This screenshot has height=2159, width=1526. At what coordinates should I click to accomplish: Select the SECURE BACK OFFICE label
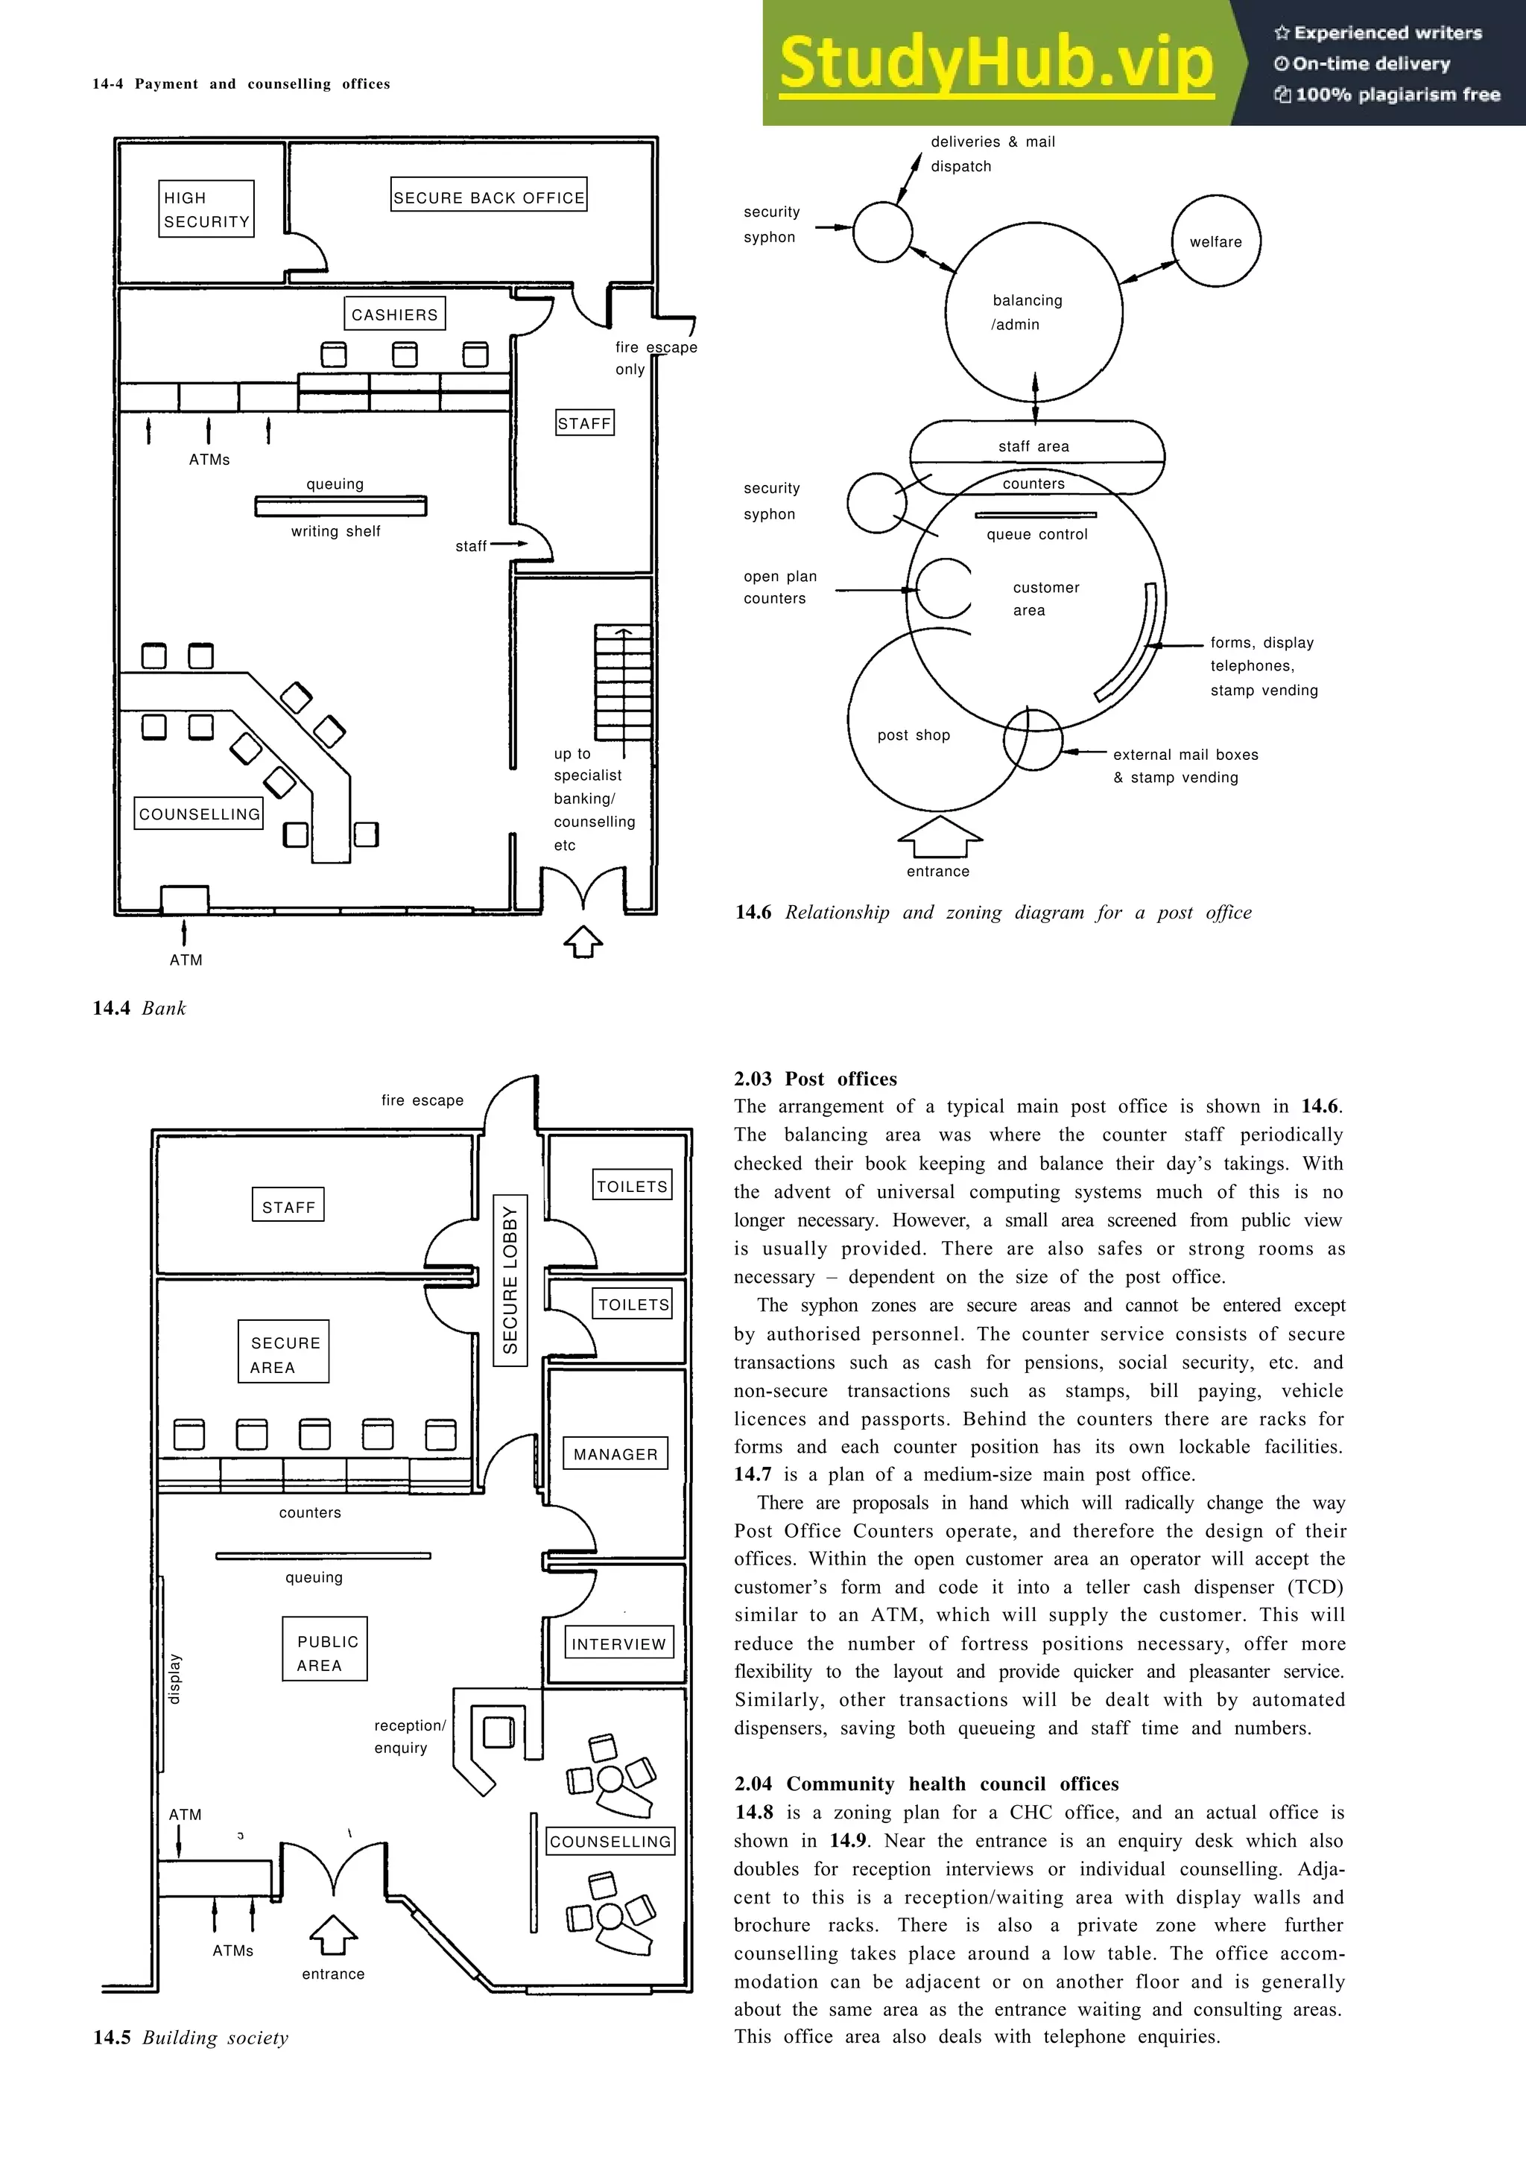489,196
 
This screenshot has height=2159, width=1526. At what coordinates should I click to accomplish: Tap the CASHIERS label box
395,314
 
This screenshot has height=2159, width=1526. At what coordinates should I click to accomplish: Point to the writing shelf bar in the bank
341,507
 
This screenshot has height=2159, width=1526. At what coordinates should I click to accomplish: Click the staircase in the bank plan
622,682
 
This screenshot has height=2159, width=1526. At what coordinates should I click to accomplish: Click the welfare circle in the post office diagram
1216,241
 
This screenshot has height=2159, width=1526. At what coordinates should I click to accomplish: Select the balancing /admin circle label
1026,312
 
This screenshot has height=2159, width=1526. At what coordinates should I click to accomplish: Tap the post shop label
913,735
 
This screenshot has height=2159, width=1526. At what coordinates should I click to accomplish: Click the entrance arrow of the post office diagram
940,836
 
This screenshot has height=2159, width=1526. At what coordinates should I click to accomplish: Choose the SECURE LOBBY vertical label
510,1280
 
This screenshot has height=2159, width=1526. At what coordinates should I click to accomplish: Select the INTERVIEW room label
618,1643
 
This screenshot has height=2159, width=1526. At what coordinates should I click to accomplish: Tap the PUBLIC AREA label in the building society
326,1653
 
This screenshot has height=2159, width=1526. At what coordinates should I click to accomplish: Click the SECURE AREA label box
284,1354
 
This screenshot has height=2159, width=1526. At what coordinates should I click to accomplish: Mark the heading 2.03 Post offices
815,1079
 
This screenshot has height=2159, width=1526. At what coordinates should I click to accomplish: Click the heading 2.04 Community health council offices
926,1784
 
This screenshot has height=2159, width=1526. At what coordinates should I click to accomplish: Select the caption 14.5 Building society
191,2037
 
